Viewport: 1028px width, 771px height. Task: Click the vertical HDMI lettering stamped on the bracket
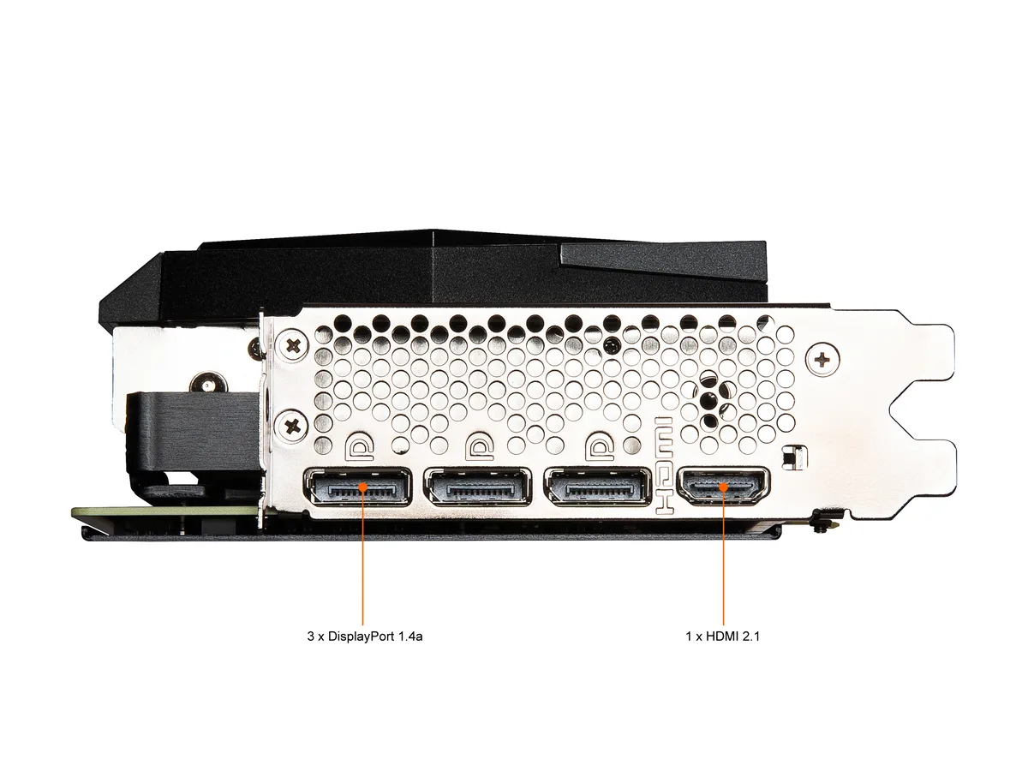[664, 465]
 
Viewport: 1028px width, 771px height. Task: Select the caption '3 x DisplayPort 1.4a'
[365, 637]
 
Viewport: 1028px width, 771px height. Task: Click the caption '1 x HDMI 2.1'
[723, 637]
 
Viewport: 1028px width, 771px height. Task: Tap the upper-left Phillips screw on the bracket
[294, 346]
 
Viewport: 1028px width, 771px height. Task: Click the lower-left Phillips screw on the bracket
[293, 426]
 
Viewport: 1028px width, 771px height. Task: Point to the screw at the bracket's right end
[823, 360]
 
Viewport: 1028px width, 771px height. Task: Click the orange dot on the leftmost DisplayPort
[362, 487]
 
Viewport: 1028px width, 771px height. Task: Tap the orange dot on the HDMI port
[724, 487]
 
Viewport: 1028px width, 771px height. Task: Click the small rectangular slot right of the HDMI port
[795, 457]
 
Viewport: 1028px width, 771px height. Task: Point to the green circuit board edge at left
[164, 511]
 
